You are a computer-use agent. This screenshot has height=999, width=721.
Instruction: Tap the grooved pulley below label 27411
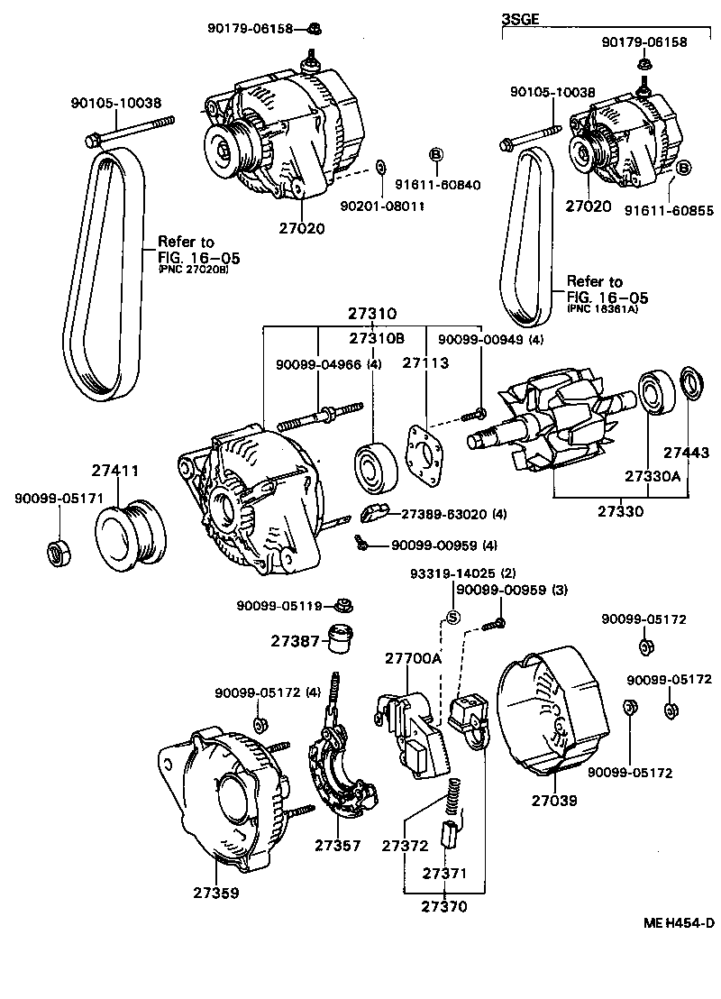tap(132, 535)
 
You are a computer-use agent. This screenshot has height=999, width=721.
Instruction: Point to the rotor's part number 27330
tap(621, 511)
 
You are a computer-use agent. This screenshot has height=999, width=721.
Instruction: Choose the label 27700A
tap(413, 659)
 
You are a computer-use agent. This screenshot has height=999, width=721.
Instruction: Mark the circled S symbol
tap(453, 618)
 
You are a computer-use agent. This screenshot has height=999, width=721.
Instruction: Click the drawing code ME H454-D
tap(678, 922)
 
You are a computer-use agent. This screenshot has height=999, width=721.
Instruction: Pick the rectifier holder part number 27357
tap(338, 845)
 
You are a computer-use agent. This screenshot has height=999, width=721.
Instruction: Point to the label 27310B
tap(377, 338)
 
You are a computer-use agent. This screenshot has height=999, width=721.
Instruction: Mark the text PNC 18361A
tap(601, 308)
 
